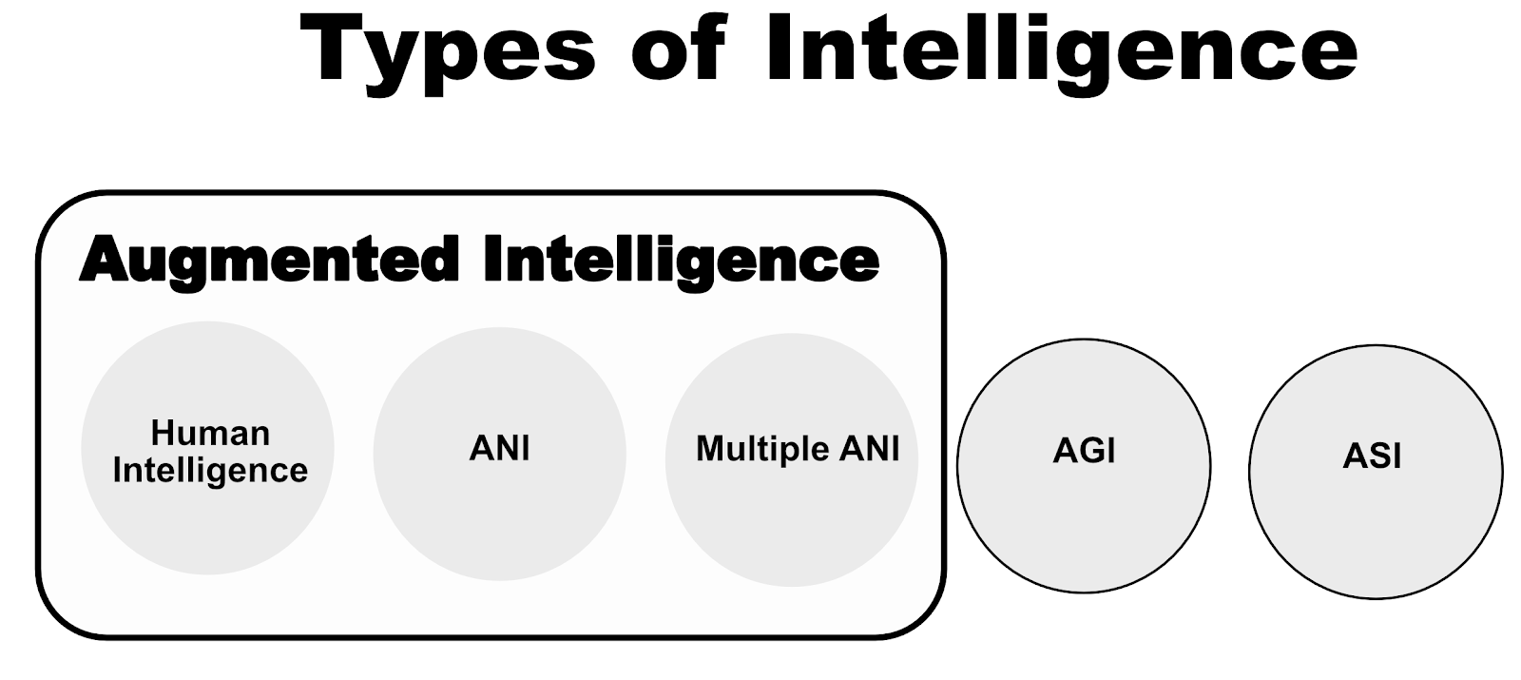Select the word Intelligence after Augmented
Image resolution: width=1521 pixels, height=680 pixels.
[x=681, y=260]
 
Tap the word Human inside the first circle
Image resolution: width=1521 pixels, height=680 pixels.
[x=210, y=434]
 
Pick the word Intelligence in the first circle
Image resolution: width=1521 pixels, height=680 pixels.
[x=210, y=470]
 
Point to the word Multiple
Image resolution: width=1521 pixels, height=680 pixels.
[x=759, y=449]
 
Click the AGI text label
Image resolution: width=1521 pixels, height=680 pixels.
[x=1084, y=451]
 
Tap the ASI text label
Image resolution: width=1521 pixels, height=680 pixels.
[x=1372, y=457]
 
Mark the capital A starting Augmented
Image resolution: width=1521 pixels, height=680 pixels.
[x=104, y=260]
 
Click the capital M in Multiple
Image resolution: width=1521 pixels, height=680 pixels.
[x=709, y=448]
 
